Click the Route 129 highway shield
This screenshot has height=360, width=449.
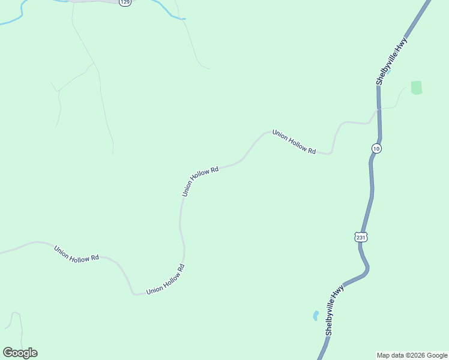(124, 2)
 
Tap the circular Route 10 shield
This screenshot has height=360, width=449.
(376, 148)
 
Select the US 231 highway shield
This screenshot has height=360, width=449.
(360, 237)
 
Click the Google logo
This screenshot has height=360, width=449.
(20, 353)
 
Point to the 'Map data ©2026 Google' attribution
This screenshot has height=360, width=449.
(412, 355)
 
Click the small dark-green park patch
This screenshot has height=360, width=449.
(416, 88)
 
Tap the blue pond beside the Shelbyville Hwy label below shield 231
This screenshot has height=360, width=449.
(315, 315)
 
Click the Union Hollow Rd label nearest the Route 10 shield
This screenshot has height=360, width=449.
(294, 142)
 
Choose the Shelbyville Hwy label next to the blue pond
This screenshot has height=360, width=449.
(334, 310)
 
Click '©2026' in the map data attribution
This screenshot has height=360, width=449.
(415, 355)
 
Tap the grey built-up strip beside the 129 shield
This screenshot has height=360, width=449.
(96, 1)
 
